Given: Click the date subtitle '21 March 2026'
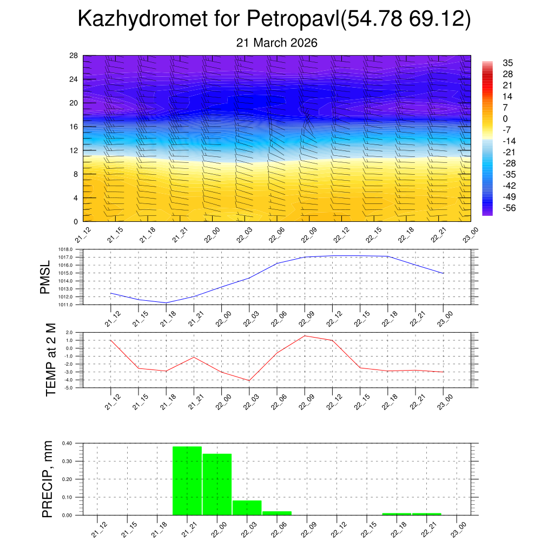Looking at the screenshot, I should point(276,43).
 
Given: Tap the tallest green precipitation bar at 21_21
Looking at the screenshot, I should point(187,480).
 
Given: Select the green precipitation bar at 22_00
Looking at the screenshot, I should point(217,484).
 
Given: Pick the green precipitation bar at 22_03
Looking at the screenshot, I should point(247,507).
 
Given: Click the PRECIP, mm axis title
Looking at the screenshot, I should point(48,479).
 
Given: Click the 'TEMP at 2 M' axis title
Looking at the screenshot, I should point(50,360).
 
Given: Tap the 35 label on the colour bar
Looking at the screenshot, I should point(507,63).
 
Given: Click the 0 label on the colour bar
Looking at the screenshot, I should point(505,119).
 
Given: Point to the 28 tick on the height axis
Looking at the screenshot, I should point(74,56).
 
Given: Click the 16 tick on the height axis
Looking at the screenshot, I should point(74,127).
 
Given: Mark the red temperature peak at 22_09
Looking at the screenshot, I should point(305,336).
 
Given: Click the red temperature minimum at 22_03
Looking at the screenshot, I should point(249,380).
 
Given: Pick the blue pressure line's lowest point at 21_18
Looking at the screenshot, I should point(166,302).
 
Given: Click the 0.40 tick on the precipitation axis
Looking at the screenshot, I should point(67,443).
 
